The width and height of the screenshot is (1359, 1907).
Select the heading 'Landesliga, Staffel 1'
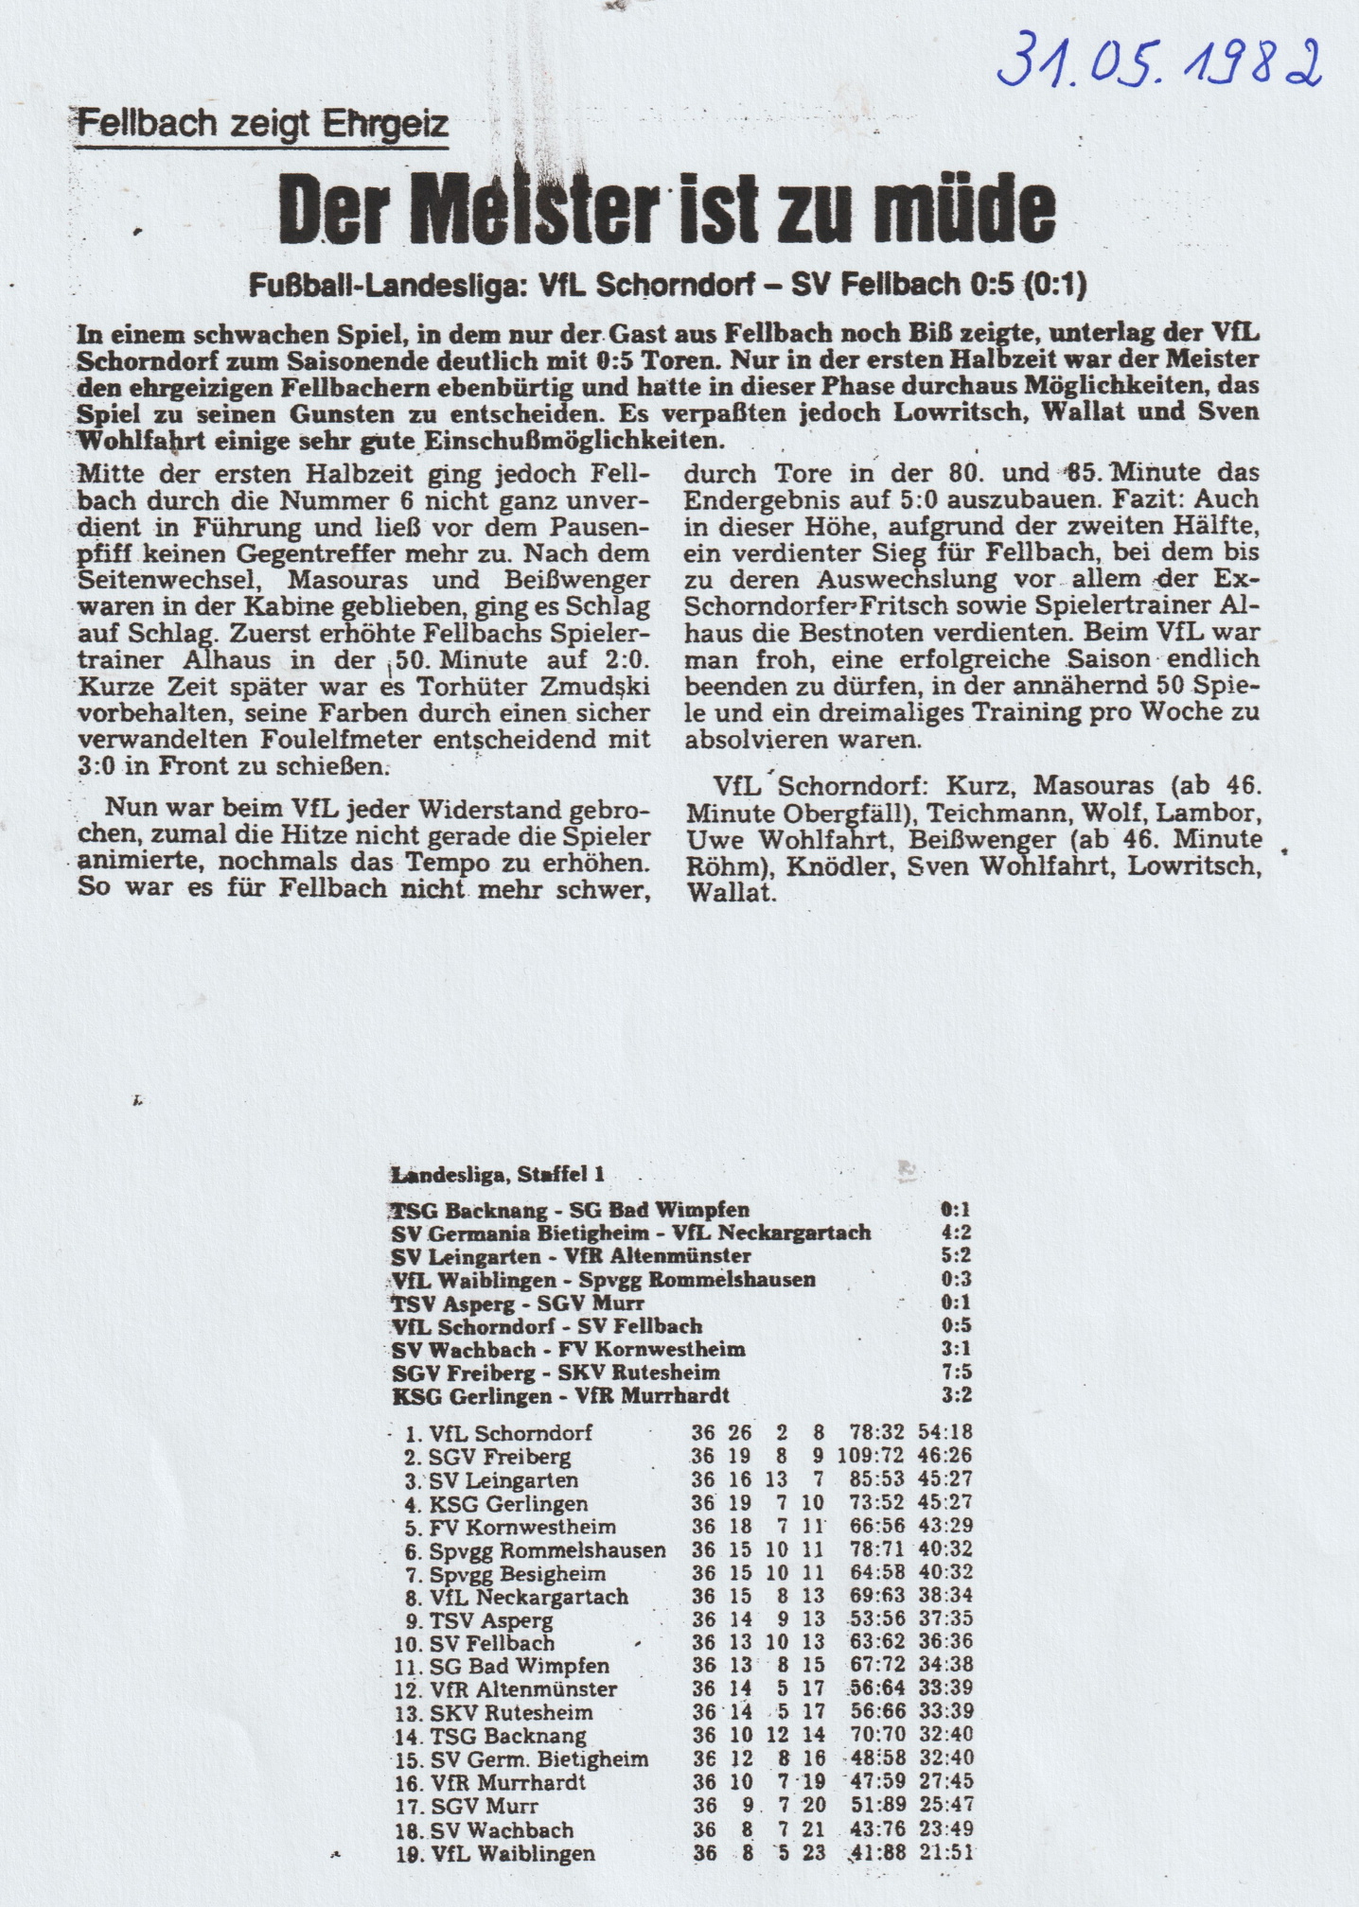[x=497, y=1175]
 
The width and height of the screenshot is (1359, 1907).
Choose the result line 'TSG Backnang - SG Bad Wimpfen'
[x=570, y=1210]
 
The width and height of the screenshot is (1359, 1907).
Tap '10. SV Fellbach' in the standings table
[x=473, y=1643]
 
